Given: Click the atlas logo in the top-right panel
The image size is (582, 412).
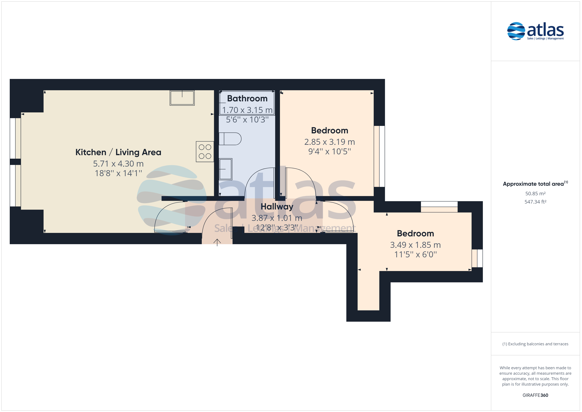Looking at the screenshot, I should pos(535,31).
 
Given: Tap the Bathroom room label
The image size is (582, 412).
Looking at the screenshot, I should pos(247,98).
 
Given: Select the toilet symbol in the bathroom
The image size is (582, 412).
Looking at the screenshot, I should pos(230,139).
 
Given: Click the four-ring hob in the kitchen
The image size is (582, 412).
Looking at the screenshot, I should pos(205,152).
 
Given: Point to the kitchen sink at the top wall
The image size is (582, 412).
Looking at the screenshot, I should pos(182,98).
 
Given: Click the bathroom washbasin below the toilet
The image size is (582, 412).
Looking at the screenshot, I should pos(225,169).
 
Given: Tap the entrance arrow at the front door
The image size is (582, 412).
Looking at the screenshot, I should pos(217,242).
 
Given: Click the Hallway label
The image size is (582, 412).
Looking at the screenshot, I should pos(277,206).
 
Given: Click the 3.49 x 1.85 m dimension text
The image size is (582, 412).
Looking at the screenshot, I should pos(415,245).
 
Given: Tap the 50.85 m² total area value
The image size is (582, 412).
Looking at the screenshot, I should pos(535,194).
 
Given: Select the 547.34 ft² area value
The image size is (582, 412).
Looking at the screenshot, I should pos(535,202).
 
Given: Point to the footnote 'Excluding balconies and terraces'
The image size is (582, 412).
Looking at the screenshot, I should pos(535,344).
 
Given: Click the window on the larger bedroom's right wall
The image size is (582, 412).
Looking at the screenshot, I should pos(379,156).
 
